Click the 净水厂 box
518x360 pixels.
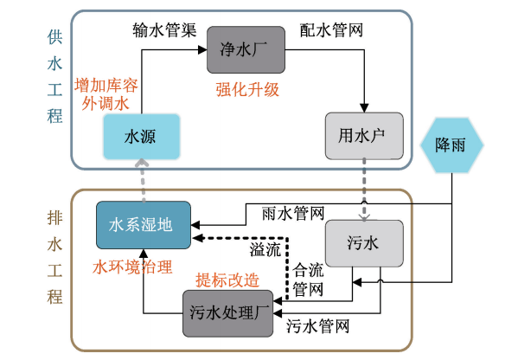[246, 50]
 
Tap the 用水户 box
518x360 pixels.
[364, 137]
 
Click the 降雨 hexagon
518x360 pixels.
[454, 144]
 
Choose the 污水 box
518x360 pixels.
[363, 245]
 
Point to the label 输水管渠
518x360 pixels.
[162, 30]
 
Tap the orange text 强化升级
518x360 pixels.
[247, 88]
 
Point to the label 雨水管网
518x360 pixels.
[291, 212]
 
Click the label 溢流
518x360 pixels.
[265, 250]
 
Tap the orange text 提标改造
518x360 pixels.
[227, 280]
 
